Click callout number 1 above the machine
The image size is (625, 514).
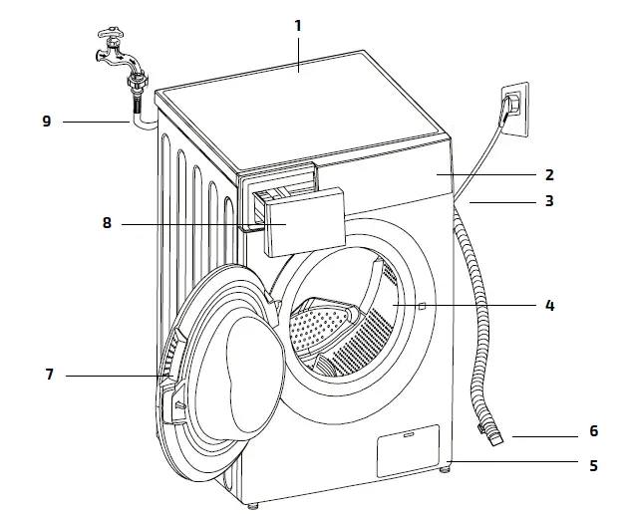point(297,24)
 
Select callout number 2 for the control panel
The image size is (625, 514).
point(549,173)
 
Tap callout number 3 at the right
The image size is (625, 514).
point(549,200)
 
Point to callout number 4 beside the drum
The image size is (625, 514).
point(549,306)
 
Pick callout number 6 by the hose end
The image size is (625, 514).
point(592,432)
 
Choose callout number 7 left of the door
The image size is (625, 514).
point(48,376)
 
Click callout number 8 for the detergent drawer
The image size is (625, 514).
point(107,224)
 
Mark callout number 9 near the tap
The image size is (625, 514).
point(46,121)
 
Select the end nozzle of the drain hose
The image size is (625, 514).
point(495,435)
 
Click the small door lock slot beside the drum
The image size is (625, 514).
point(424,304)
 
